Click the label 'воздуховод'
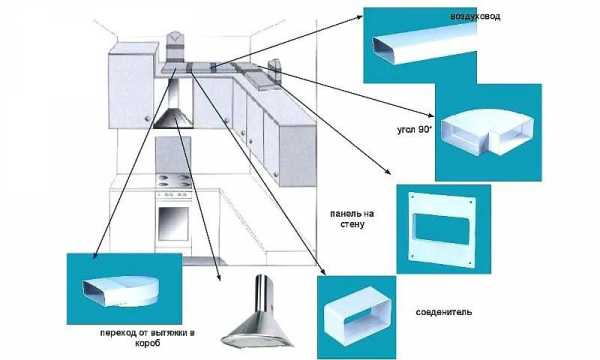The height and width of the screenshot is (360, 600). coord(475,17)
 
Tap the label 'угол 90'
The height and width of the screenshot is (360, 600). coord(414,130)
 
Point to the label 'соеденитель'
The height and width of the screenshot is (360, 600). coord(444,312)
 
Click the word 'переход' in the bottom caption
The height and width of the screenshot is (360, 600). coord(117,333)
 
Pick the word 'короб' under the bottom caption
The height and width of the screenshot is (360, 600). coord(148,343)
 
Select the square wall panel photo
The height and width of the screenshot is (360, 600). coord(443,229)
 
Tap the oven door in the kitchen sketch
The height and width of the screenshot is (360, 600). coord(173,224)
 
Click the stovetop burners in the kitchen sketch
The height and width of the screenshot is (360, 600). coord(174,180)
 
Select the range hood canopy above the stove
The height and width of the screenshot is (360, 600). coord(174,118)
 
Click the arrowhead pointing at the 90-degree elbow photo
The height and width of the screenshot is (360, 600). coord(432,115)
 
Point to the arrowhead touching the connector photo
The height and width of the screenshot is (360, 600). coord(323,272)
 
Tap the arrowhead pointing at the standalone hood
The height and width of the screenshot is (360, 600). coord(219,278)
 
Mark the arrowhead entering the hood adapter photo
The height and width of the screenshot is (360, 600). coord(95,256)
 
